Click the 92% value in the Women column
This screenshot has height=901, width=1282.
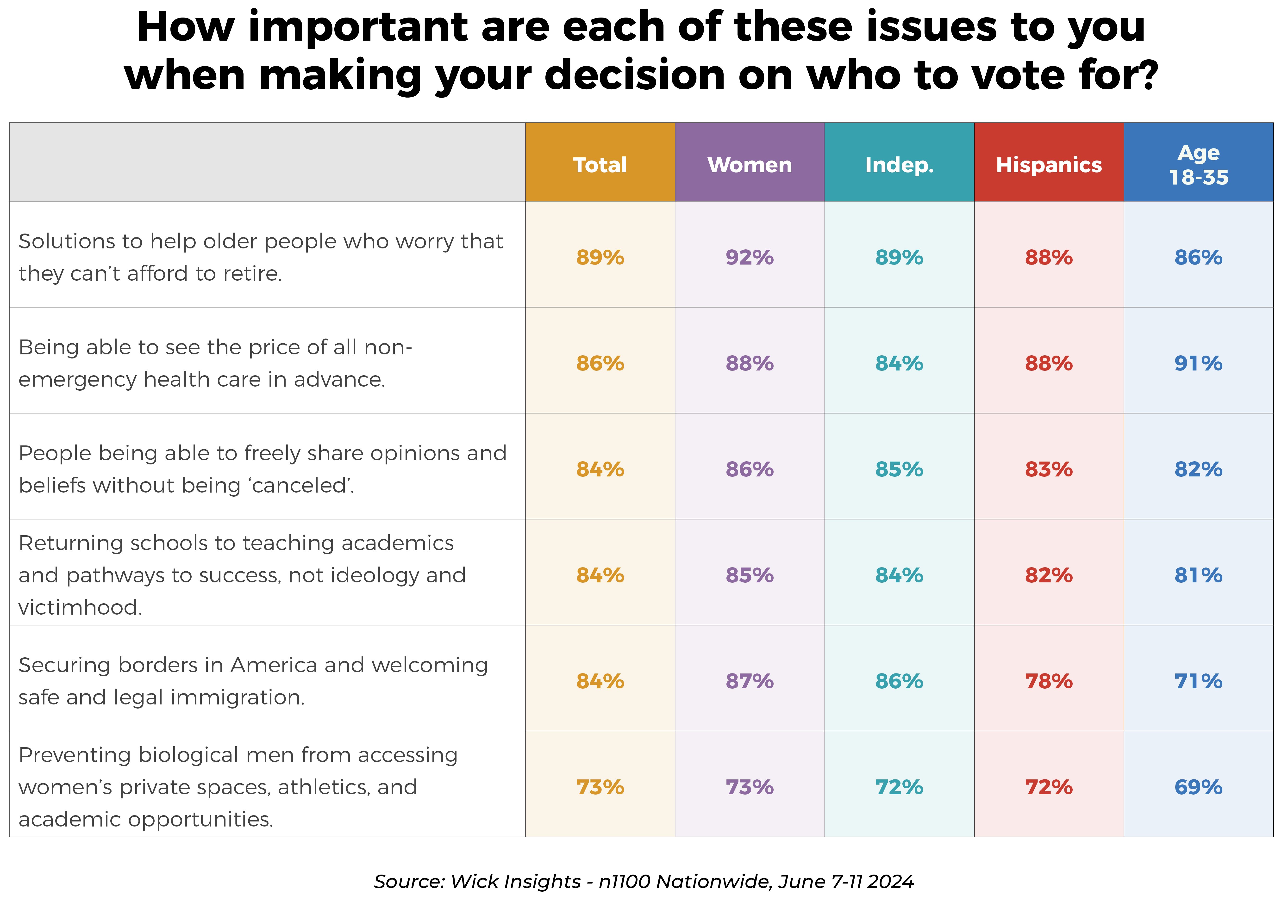(749, 257)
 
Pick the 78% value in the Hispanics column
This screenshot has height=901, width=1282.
(1049, 681)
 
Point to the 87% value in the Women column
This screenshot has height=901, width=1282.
(749, 681)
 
